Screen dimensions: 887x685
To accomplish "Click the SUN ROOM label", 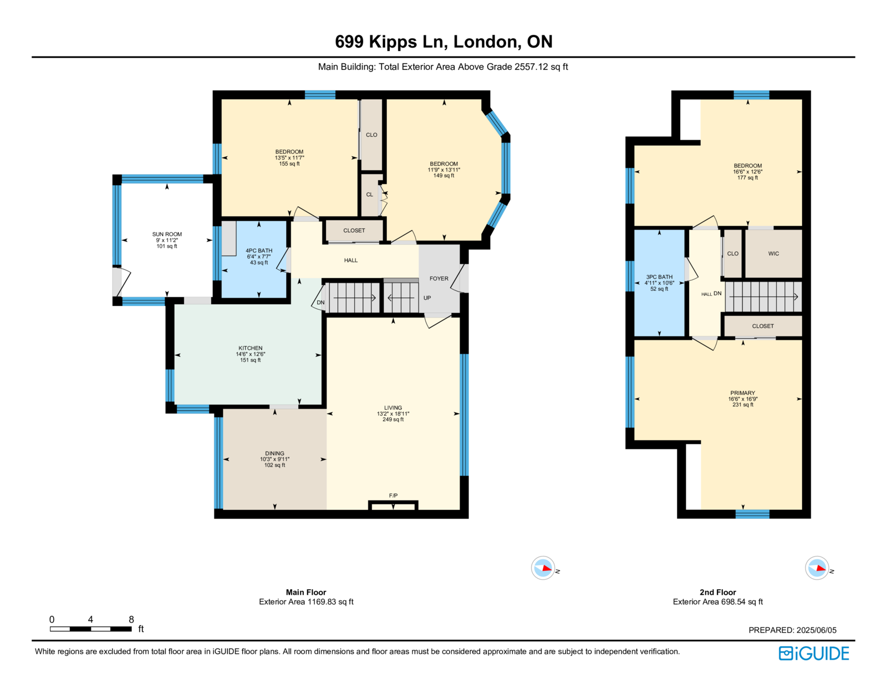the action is (x=167, y=234).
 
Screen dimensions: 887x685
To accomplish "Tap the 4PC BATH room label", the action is (x=259, y=251).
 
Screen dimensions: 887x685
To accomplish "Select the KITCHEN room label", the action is (x=250, y=348).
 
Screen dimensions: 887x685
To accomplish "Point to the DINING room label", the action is (x=274, y=453).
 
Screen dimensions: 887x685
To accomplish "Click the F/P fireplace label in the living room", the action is (x=393, y=495).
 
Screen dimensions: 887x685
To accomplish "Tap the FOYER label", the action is (x=439, y=278).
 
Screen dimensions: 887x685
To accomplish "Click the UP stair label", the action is (x=427, y=298).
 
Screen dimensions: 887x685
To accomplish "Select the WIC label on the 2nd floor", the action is (x=773, y=253).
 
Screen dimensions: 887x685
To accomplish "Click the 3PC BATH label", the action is (x=659, y=277).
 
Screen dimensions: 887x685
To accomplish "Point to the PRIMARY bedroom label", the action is (x=742, y=393).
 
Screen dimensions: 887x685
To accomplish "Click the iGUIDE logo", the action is (x=813, y=653).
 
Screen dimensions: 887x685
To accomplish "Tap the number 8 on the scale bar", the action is (x=131, y=619).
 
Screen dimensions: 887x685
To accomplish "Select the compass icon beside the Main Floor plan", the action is (x=543, y=568).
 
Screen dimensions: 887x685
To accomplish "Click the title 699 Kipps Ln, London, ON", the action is (x=443, y=42).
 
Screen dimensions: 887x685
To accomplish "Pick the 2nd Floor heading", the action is (x=717, y=592).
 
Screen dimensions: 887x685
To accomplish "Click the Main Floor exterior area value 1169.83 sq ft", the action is (x=330, y=602).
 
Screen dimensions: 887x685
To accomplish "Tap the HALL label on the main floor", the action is (x=350, y=260).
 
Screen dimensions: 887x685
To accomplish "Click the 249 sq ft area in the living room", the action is (x=393, y=420).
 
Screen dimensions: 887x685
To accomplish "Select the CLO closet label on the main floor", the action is (x=371, y=135).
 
